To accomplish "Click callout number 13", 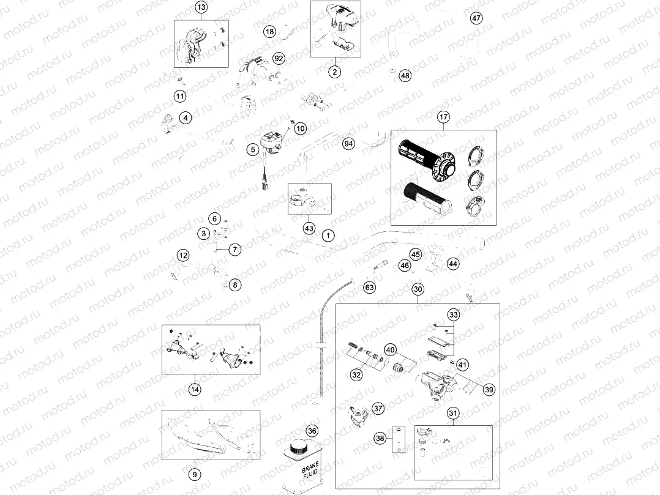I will pos(201,7).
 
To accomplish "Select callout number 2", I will pos(334,72).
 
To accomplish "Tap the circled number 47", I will pos(476,18).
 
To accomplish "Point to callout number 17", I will pos(443,117).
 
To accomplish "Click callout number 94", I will pos(348,144).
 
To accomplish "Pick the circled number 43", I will pos(309,228).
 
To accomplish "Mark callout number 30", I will pos(418,289).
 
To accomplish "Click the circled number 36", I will pos(312,431).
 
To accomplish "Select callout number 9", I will pos(194,474).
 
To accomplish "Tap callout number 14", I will pos(194,388).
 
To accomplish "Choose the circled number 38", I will pos(380,438).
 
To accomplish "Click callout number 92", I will pos(279,59).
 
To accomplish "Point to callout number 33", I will pos(453,315).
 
